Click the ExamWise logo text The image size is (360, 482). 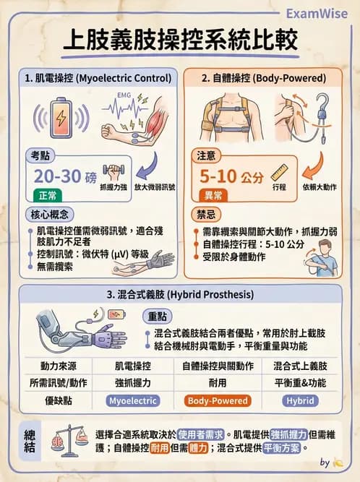coord(317,14)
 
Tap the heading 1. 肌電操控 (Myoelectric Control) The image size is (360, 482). coord(98,77)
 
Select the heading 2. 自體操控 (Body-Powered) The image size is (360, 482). coord(263,77)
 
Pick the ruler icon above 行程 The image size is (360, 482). coord(279,172)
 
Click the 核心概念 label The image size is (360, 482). coord(46,216)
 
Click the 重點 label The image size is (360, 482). coord(158,317)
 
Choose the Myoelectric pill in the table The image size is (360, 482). coord(132,400)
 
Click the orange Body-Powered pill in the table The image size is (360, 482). coord(218,400)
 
